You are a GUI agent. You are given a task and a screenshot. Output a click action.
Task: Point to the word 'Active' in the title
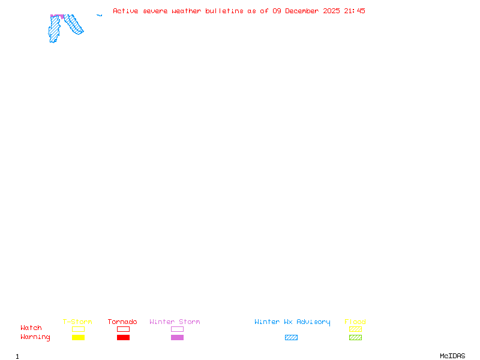point(126,11)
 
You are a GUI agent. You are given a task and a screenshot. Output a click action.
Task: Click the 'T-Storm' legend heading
point(77,322)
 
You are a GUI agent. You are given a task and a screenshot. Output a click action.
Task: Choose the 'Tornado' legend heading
point(122,322)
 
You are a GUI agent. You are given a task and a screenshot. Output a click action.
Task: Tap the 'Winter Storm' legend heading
point(175,322)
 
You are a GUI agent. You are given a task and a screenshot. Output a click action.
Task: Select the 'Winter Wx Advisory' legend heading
point(292,322)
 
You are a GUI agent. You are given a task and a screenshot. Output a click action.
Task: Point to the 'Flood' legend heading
point(355,322)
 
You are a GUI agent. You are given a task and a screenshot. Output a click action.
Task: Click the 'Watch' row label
point(31,328)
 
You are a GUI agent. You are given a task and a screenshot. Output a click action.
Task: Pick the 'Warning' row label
point(35,337)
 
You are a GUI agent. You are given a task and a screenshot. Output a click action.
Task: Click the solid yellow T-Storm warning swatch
point(78,338)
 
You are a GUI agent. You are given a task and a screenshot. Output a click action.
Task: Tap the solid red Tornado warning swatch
point(123,338)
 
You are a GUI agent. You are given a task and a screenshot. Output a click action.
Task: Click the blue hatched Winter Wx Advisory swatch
point(291,338)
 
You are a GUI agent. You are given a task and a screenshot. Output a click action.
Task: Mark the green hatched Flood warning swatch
point(355,338)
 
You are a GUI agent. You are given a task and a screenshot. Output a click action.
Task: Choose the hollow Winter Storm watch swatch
point(177,329)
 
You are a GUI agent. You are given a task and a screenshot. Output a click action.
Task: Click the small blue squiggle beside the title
point(99,15)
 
